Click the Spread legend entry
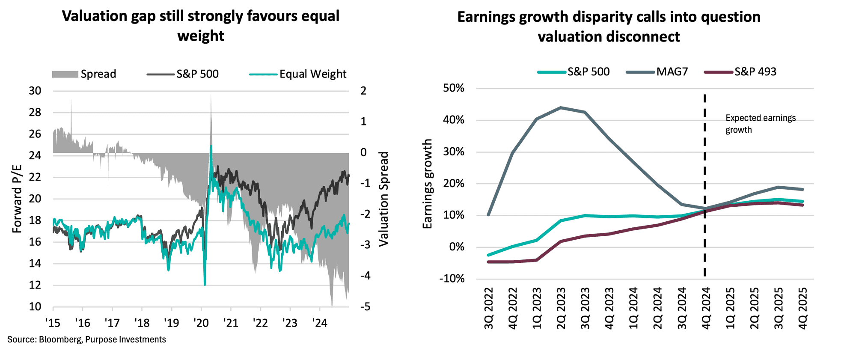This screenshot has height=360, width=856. tap(84, 74)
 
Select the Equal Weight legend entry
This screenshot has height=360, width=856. tap(298, 74)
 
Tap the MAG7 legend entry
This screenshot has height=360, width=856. tap(657, 71)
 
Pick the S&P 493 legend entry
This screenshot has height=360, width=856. tap(740, 71)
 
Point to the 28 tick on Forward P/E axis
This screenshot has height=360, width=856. tap(35, 113)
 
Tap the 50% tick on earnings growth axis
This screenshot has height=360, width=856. tap(454, 88)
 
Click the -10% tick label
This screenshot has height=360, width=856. tap(452, 279)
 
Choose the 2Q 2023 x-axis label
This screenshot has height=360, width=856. tap(561, 308)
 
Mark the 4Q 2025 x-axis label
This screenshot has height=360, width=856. tap(803, 308)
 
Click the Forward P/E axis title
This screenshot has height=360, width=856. tap(17, 198)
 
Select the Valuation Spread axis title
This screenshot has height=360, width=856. tap(384, 199)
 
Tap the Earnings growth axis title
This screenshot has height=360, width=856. tap(427, 184)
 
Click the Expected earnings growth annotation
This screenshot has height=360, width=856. tap(760, 124)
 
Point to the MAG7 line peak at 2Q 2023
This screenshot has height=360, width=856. tap(561, 107)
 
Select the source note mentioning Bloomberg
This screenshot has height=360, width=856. tap(86, 339)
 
